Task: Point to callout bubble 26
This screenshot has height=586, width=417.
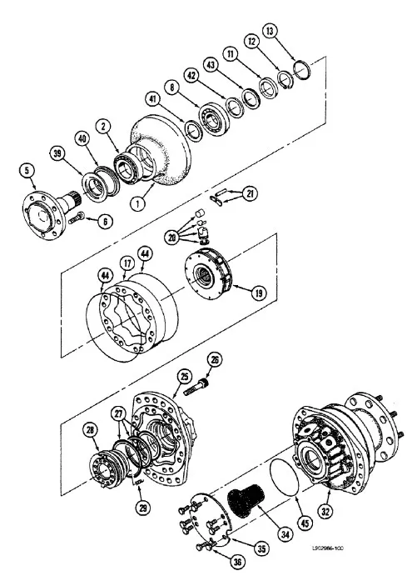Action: point(215,360)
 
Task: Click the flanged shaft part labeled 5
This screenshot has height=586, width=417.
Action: point(54,200)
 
